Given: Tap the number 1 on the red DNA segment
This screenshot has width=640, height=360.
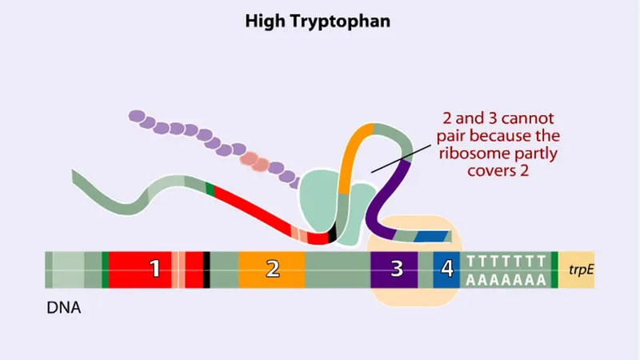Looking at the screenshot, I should click(x=156, y=269).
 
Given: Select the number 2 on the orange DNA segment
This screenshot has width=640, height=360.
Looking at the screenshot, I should click(x=272, y=269).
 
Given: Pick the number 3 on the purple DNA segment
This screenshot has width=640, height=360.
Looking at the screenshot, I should click(x=396, y=269).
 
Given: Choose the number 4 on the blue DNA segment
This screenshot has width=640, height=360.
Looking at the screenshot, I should click(x=446, y=269).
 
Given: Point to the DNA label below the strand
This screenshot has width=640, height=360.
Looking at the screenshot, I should click(x=64, y=307).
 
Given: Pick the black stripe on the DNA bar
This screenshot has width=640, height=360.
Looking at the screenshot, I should click(x=206, y=270).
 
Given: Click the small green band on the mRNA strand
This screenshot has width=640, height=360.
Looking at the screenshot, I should click(x=210, y=189).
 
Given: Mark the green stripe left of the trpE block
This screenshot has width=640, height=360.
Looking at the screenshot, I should click(x=554, y=270).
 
